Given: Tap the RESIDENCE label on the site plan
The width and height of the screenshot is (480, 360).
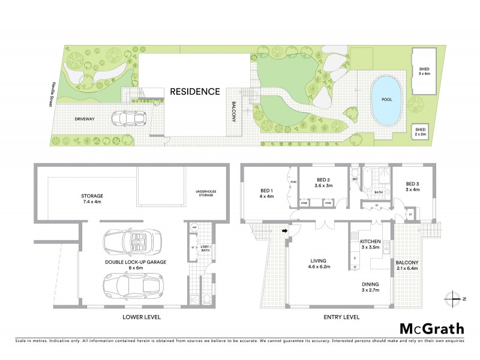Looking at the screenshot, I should pos(194,92).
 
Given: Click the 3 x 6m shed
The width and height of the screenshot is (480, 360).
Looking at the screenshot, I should pos(424,72).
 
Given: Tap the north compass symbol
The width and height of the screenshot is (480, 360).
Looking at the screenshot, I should pos(455,298).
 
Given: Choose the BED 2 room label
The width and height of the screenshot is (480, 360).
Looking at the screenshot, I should pos(323,182).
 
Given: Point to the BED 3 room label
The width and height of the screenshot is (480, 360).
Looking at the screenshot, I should pos(412,187).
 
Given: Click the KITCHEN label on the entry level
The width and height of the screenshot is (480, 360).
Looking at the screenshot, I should pos(371,243).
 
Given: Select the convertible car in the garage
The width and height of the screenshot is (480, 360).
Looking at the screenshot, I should pos(129,243).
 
